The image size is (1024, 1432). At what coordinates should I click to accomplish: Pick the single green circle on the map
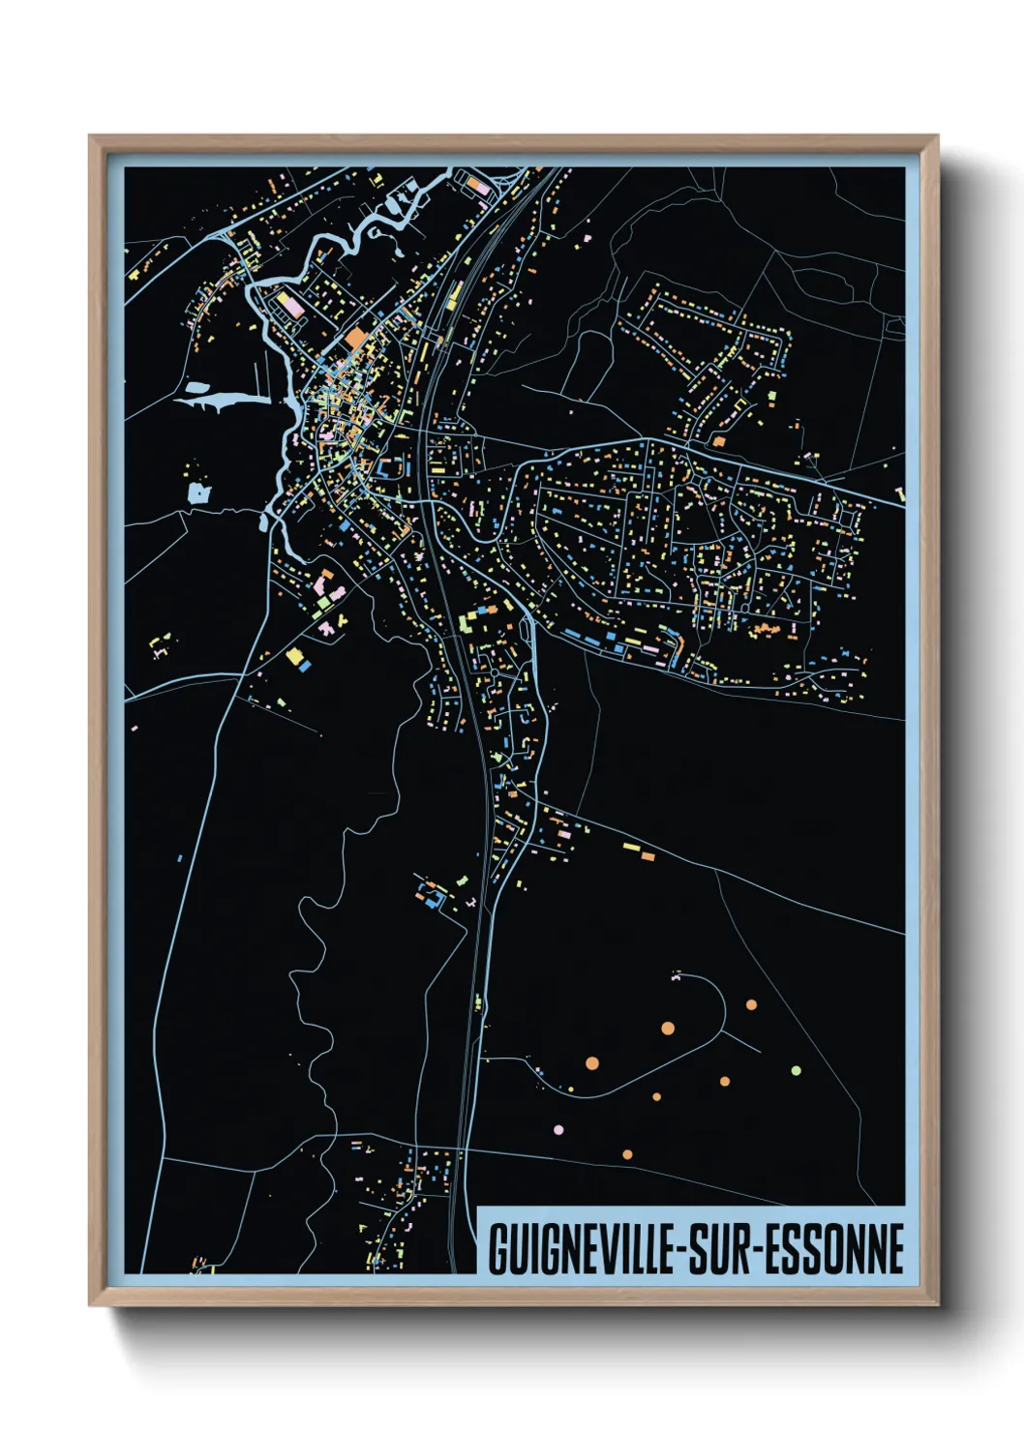796,1070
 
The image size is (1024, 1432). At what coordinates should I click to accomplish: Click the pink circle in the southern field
557,1129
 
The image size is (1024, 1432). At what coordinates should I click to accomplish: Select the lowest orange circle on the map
627,1154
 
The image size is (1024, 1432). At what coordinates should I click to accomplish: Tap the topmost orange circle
751,1004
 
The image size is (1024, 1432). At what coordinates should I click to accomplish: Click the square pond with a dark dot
198,493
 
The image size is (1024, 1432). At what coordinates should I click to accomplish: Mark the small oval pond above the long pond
196,387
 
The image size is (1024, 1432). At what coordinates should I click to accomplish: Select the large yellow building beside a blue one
294,656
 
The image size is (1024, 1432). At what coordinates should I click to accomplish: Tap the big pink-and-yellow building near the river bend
291,306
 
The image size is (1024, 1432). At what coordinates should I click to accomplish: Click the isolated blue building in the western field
180,857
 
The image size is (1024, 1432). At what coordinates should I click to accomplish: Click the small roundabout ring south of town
494,671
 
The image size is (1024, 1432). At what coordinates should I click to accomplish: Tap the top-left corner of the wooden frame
91,137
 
